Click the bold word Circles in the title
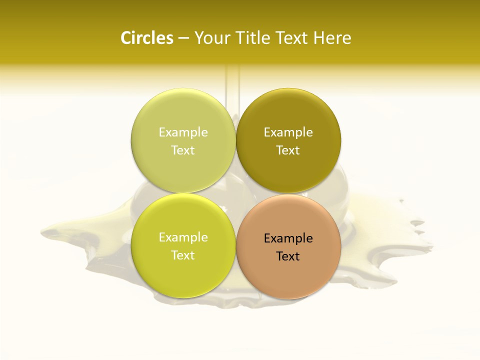146,38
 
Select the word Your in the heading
212,38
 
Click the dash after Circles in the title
183,38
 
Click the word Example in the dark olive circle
288,132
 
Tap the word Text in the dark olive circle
288,150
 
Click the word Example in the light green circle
183,132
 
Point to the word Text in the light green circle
183,150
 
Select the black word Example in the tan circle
288,238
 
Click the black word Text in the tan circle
288,256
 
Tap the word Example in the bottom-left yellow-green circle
183,237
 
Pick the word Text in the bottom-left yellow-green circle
183,255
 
